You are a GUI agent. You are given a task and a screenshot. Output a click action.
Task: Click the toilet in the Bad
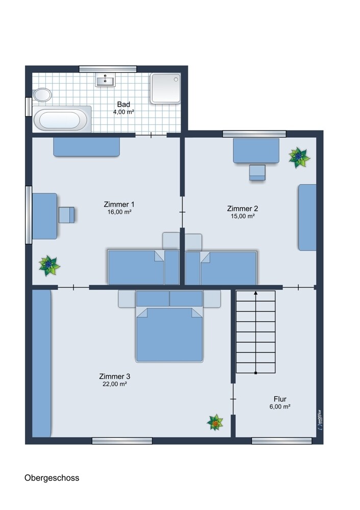pos(42,95)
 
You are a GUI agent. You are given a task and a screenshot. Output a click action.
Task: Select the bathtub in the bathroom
pos(62,119)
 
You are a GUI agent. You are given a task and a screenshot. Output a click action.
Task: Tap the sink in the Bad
pos(106,80)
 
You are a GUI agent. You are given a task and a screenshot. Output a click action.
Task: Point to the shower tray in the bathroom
pos(165,88)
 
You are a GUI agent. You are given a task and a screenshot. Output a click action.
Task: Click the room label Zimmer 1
pos(119,205)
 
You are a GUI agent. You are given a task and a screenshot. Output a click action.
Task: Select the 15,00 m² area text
pos(243,216)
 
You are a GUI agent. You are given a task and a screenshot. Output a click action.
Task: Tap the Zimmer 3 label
pos(114,376)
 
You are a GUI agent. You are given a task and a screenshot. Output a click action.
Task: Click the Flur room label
pos(280,399)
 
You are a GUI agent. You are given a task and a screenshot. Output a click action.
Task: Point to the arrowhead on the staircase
pos(255,293)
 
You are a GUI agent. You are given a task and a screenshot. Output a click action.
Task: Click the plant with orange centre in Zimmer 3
pos(215,422)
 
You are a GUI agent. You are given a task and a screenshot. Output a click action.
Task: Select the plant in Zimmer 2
pos(299,158)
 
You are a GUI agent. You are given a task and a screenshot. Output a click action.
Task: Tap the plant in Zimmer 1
pos(49,266)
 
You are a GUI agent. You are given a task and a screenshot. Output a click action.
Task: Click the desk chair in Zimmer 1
pos(67,215)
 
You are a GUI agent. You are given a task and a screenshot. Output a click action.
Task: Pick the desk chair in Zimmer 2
pos(257,172)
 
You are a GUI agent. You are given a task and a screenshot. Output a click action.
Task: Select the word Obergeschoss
pos(52,478)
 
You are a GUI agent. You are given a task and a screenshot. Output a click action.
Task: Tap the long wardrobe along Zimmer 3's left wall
pos(42,363)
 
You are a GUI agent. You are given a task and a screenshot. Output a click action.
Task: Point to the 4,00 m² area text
pos(123,112)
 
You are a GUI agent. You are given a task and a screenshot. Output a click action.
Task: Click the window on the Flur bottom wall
pos(281,441)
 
